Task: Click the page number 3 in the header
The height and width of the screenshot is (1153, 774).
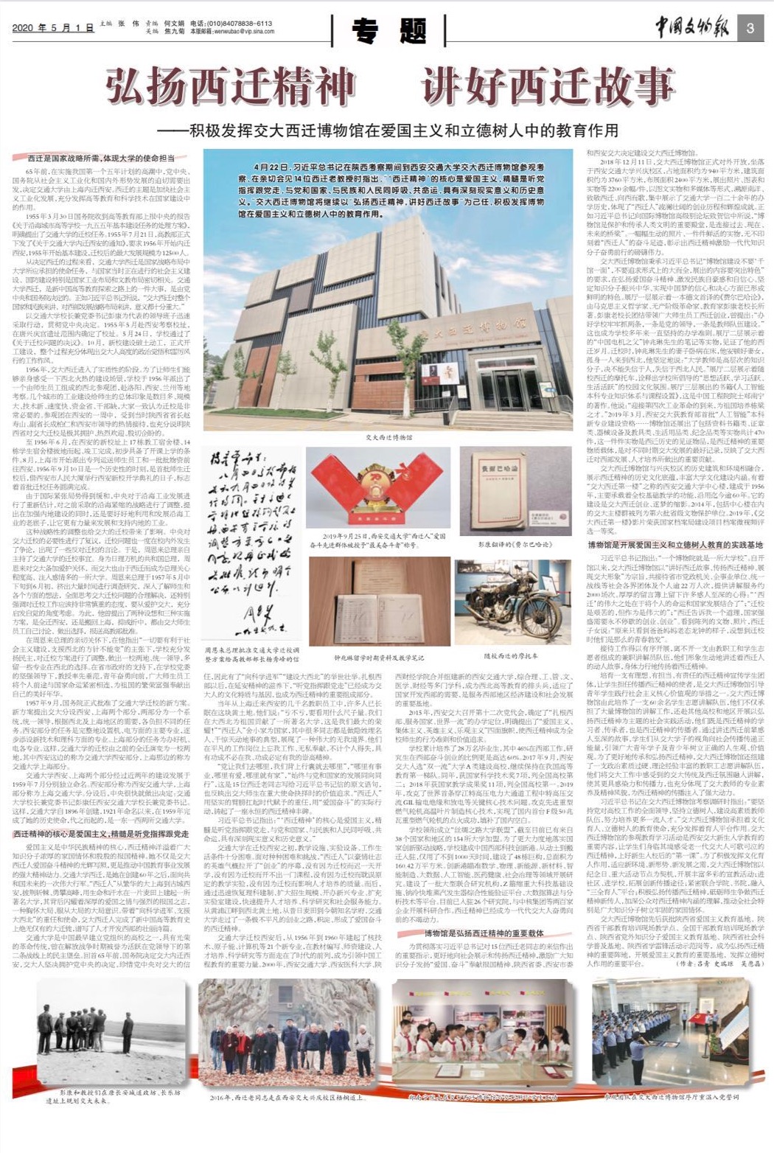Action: tap(750, 29)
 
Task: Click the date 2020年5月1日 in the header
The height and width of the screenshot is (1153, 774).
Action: tap(53, 28)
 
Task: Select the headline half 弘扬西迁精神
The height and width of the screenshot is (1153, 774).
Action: tap(231, 86)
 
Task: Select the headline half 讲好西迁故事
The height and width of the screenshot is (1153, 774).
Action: tap(549, 86)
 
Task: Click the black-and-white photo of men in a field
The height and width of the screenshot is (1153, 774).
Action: tap(111, 1028)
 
